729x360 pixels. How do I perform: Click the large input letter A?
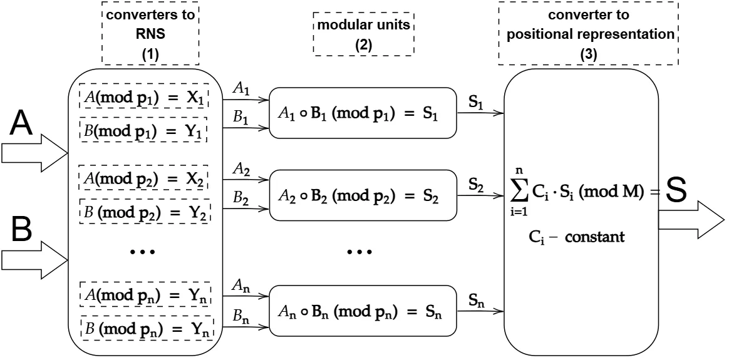click(22, 124)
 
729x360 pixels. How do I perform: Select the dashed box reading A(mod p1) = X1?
click(144, 96)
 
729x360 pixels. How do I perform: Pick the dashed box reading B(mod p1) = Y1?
click(143, 130)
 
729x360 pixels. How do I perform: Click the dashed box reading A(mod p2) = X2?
click(143, 177)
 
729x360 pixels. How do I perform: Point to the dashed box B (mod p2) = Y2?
click(145, 211)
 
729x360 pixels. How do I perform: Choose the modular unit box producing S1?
click(363, 113)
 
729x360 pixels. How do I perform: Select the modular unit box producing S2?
click(363, 195)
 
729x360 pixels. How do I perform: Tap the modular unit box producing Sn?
click(363, 311)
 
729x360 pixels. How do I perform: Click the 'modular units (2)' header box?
click(364, 34)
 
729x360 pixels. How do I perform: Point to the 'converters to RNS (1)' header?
click(151, 33)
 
